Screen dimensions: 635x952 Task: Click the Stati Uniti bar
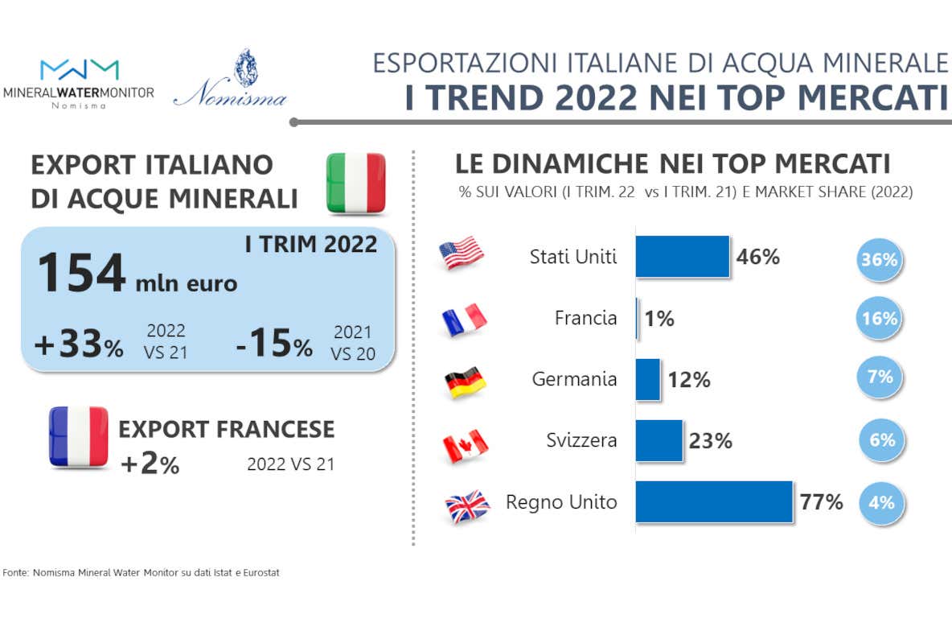(682, 257)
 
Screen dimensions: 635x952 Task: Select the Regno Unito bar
(714, 502)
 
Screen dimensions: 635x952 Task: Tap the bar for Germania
(647, 380)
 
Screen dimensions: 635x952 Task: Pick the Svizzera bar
(659, 440)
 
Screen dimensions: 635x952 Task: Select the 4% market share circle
(880, 503)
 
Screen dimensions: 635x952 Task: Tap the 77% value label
(822, 503)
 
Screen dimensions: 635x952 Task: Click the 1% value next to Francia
(659, 319)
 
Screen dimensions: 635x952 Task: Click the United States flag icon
(462, 254)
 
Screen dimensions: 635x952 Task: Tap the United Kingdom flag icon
(467, 506)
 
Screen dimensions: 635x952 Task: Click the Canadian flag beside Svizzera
(466, 445)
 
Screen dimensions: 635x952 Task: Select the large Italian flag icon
(356, 183)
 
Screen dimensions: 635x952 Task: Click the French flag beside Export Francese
(78, 436)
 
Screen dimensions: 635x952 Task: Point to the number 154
(81, 274)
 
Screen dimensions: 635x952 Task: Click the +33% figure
(78, 345)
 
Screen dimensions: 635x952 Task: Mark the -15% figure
(274, 345)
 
